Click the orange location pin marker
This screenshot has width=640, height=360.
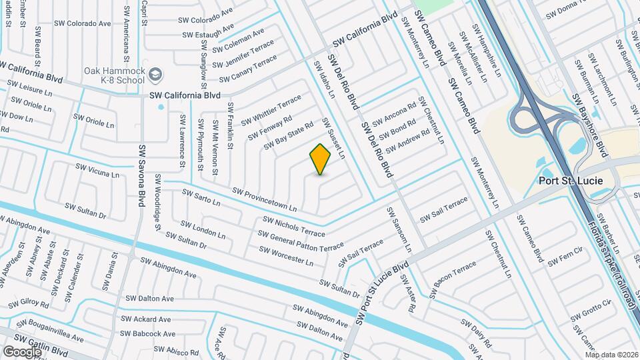coord(321,159)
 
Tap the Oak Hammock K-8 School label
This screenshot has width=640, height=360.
coord(115,75)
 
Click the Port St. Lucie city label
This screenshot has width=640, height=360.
coord(571,181)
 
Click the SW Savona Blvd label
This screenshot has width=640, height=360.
coord(142,176)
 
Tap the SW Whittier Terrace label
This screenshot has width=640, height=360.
coord(271,110)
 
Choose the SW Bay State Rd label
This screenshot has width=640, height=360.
coord(288,136)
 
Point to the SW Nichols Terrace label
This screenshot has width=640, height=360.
coord(294,226)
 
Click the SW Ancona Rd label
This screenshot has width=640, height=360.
coord(394,113)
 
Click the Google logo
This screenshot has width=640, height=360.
coord(22,351)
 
